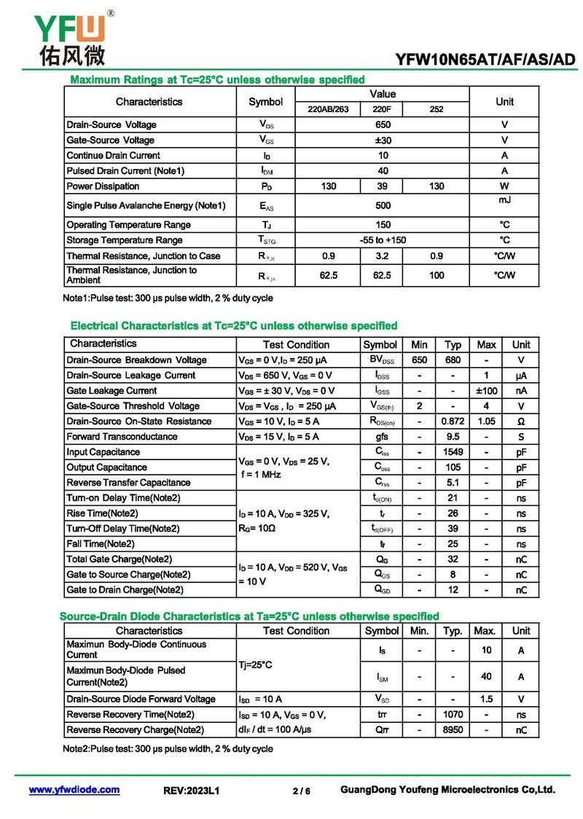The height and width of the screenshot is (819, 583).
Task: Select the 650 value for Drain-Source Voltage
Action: [x=383, y=124]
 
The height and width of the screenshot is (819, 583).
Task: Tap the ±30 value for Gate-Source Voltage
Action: [x=383, y=140]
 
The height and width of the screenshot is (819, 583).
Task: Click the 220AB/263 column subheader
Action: [x=328, y=109]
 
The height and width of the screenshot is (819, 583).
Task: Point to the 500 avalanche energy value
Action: [x=383, y=205]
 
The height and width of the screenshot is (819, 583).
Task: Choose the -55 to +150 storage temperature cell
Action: [x=383, y=240]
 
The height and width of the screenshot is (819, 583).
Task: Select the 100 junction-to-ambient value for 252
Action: [x=436, y=275]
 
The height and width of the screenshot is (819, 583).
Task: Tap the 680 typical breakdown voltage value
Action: [x=453, y=360]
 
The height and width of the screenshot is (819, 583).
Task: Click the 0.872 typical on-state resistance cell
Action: [x=453, y=422]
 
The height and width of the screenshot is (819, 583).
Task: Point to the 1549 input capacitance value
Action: [x=453, y=452]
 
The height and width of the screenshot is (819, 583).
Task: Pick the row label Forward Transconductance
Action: [x=122, y=437]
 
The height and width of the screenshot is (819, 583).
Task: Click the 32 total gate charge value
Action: [x=453, y=560]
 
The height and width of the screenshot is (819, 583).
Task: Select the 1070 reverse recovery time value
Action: [x=453, y=715]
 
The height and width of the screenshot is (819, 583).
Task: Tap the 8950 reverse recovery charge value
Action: [x=453, y=730]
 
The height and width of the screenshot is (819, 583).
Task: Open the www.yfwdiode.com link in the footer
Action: [x=74, y=790]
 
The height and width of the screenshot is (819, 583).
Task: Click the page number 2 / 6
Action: [x=301, y=791]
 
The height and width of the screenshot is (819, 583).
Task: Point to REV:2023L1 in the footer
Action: [x=192, y=791]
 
